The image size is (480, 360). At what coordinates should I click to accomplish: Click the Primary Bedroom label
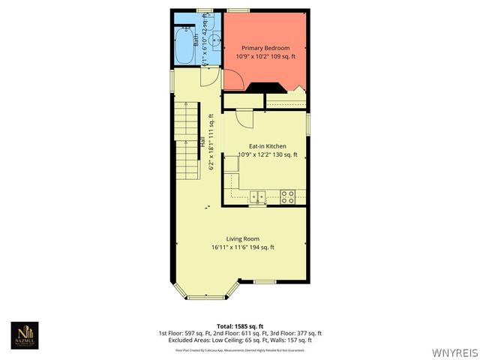pyautogui.click(x=265, y=47)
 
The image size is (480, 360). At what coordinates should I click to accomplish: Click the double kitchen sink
pyautogui.click(x=257, y=196)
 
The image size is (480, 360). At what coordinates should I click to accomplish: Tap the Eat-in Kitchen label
pyautogui.click(x=267, y=146)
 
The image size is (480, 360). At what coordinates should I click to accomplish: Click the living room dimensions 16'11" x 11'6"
pyautogui.click(x=242, y=247)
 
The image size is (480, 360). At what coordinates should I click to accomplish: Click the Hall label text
pyautogui.click(x=202, y=140)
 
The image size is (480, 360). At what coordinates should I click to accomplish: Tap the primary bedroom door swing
pyautogui.click(x=232, y=79)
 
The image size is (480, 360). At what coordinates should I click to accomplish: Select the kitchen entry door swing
pyautogui.click(x=244, y=117)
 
